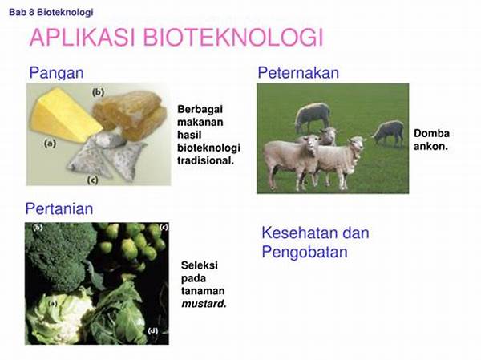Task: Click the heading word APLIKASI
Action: (83, 38)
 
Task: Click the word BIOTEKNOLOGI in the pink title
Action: (233, 38)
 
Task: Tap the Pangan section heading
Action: (56, 73)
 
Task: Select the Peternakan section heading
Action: (298, 73)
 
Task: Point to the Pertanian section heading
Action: (59, 209)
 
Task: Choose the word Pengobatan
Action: (305, 253)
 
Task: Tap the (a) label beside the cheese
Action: (50, 144)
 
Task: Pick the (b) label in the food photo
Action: (98, 92)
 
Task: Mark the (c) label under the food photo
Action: (93, 180)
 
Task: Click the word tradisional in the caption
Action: (205, 160)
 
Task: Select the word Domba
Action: (431, 133)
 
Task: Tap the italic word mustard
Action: (203, 304)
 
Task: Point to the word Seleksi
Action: (200, 265)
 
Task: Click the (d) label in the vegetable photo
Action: (153, 330)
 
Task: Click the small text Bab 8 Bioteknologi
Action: (51, 13)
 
